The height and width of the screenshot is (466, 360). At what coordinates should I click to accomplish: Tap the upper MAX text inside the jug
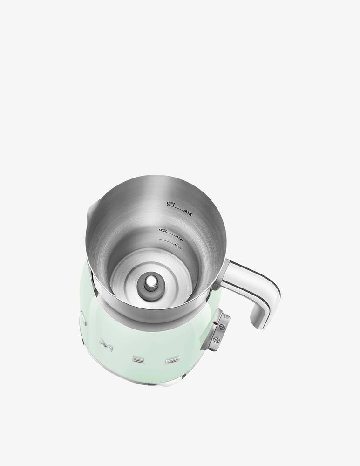188,212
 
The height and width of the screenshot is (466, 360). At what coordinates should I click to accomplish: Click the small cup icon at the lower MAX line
163,231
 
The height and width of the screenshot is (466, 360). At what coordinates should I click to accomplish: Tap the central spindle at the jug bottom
151,282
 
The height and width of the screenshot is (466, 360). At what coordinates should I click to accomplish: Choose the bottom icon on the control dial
216,342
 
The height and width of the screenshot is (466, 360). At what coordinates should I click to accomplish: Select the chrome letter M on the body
103,346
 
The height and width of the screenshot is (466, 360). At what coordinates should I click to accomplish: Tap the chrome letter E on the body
138,360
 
